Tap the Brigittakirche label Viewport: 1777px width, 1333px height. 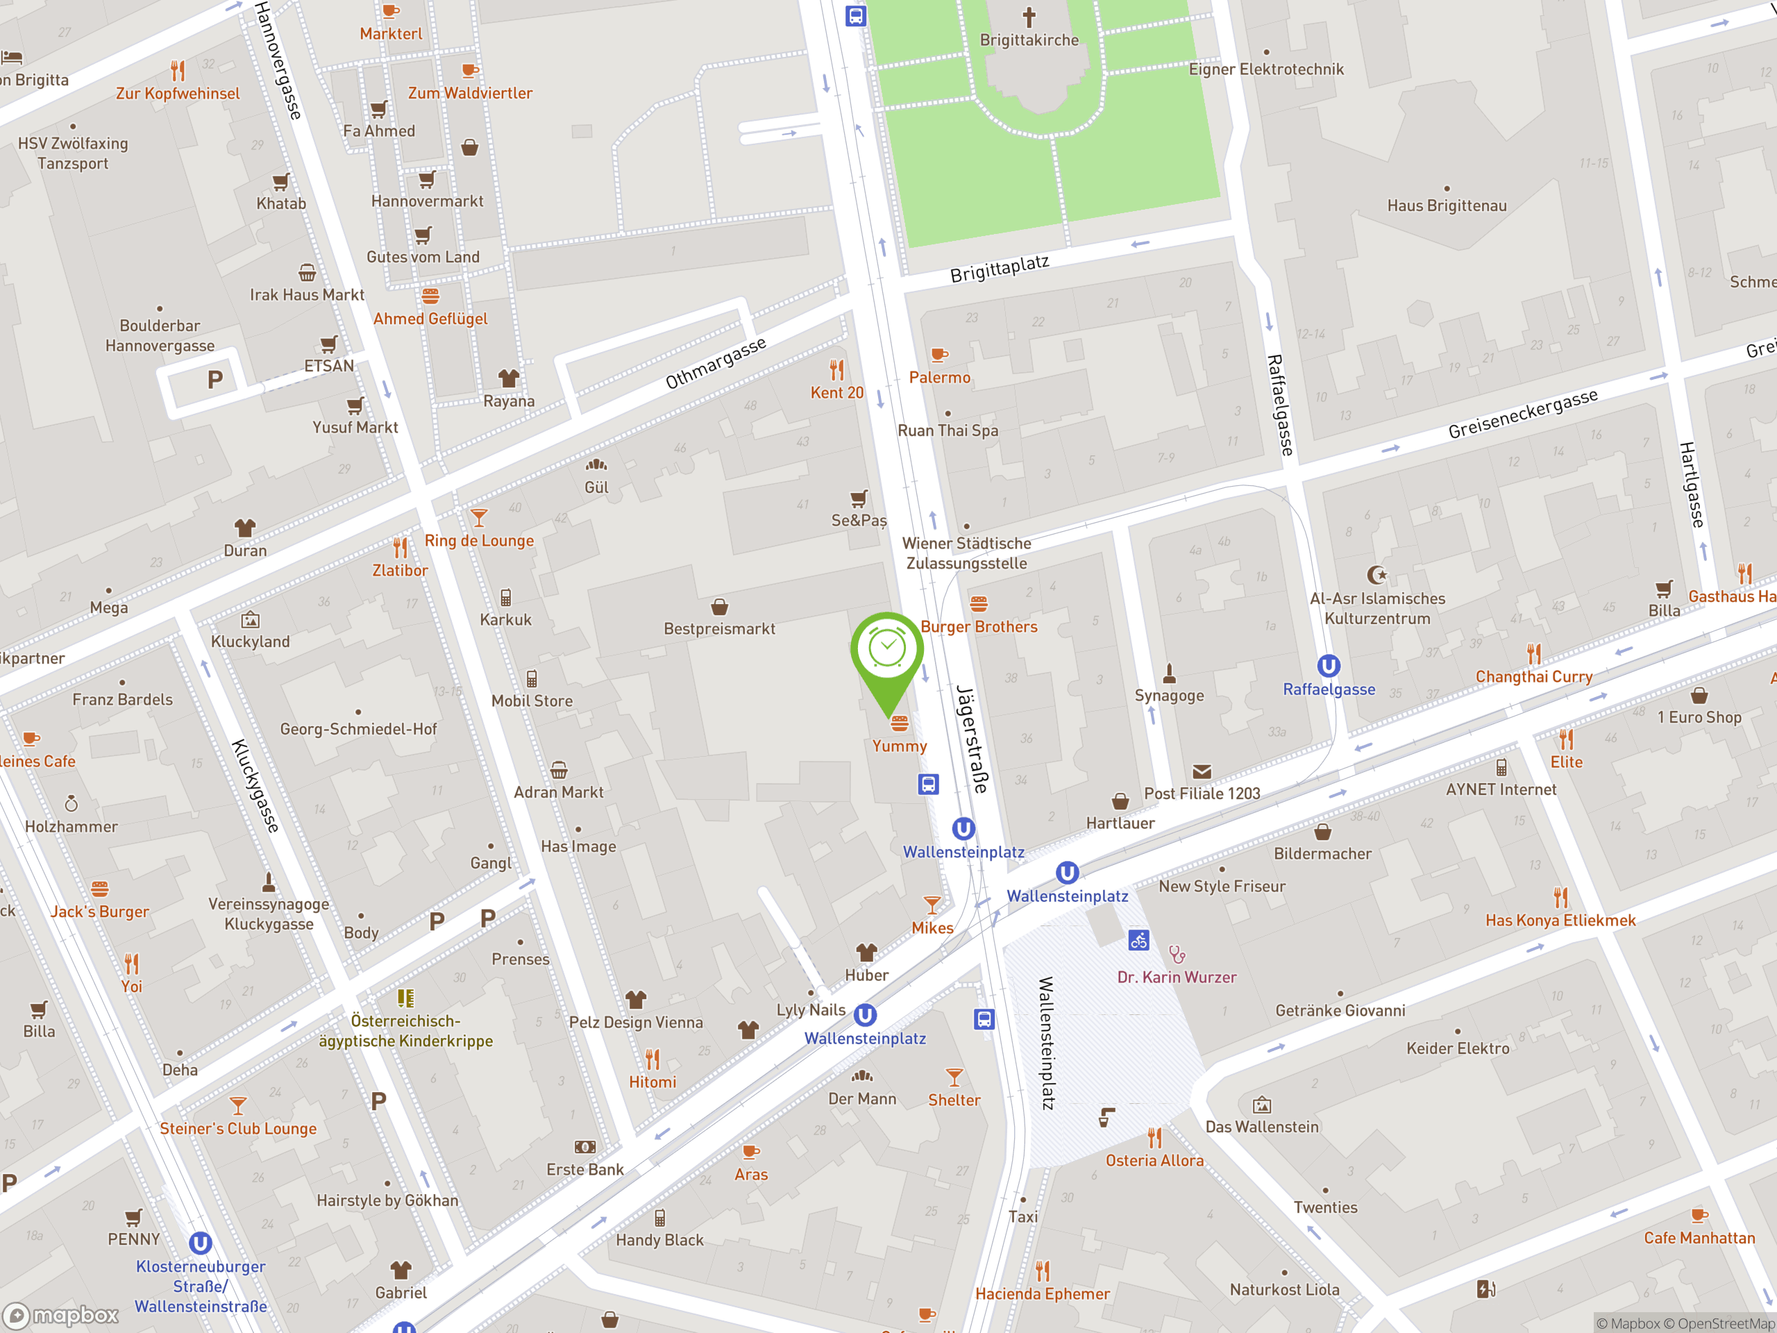point(1029,40)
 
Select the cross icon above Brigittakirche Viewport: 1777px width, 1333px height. point(1029,16)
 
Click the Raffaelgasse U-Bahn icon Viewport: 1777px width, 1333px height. point(1328,666)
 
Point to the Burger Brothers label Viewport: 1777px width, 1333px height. point(979,627)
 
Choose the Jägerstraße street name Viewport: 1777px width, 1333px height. point(972,739)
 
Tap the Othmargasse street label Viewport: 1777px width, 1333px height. point(716,363)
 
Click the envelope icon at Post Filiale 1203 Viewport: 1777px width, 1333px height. point(1202,771)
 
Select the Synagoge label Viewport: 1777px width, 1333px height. point(1169,696)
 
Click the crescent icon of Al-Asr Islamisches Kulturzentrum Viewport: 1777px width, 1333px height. point(1377,574)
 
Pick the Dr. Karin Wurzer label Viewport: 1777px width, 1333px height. point(1177,977)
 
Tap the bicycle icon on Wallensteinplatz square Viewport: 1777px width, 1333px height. point(1138,939)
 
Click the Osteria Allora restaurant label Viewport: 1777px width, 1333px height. point(1154,1160)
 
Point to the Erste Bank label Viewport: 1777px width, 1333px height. point(585,1170)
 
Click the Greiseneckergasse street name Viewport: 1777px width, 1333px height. point(1522,414)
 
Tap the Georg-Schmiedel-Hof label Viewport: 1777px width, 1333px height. point(358,730)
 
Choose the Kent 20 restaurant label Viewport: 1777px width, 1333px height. point(837,393)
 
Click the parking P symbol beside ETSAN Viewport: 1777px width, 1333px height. point(214,379)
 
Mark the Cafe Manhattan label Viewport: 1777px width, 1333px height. point(1699,1238)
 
